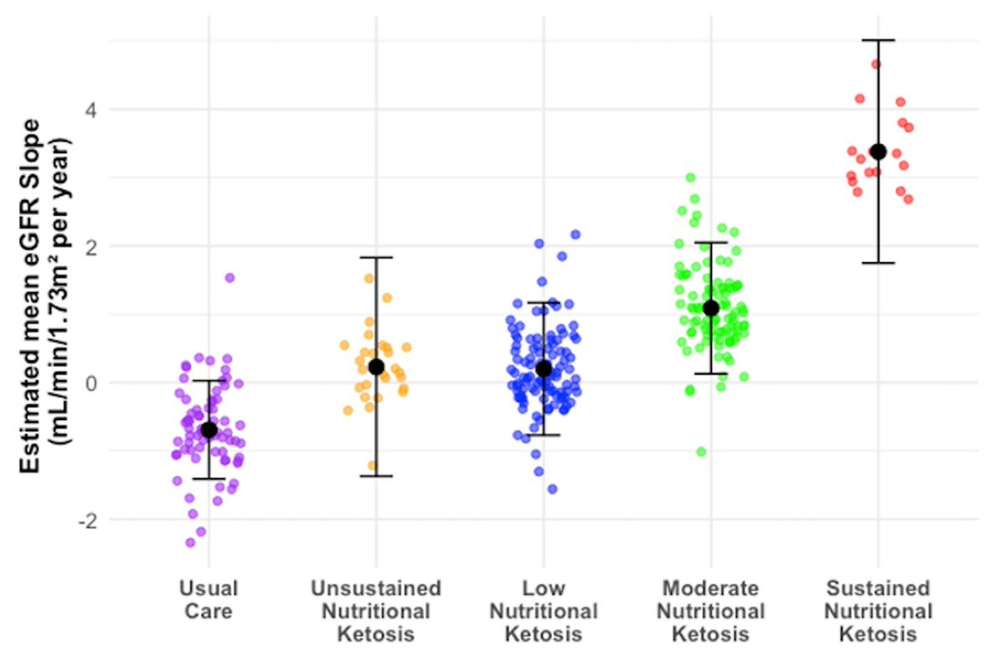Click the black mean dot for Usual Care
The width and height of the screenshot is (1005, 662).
coord(209,430)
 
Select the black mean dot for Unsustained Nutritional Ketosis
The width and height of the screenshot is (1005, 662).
coord(376,367)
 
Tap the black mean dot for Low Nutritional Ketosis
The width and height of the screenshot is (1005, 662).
coord(544,369)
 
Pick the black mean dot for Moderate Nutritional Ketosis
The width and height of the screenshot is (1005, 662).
coord(711,308)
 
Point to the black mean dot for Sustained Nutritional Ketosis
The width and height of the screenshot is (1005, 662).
coord(879,152)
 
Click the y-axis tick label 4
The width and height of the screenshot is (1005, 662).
coord(91,110)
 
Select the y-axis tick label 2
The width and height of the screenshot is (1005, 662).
coord(91,247)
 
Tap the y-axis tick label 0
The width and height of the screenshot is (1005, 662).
coord(91,383)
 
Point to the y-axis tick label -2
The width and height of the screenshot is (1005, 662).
coord(87,521)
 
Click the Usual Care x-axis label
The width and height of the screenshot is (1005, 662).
coord(209,599)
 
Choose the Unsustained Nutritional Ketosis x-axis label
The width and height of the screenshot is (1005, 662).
coord(376,611)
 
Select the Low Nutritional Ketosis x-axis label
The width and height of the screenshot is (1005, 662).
coord(544,611)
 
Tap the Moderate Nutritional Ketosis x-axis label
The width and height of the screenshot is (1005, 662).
coord(711,611)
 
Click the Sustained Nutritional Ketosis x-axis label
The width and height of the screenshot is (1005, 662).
coord(879,611)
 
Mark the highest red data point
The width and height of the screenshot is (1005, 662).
coord(876,64)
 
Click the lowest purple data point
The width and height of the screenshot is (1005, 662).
coord(190,543)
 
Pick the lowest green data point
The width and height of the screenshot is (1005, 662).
coord(701,452)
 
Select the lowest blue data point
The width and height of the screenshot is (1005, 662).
coord(552,489)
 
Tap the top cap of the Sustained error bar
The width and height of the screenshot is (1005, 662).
coord(879,40)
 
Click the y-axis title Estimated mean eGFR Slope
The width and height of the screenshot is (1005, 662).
coord(29,296)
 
